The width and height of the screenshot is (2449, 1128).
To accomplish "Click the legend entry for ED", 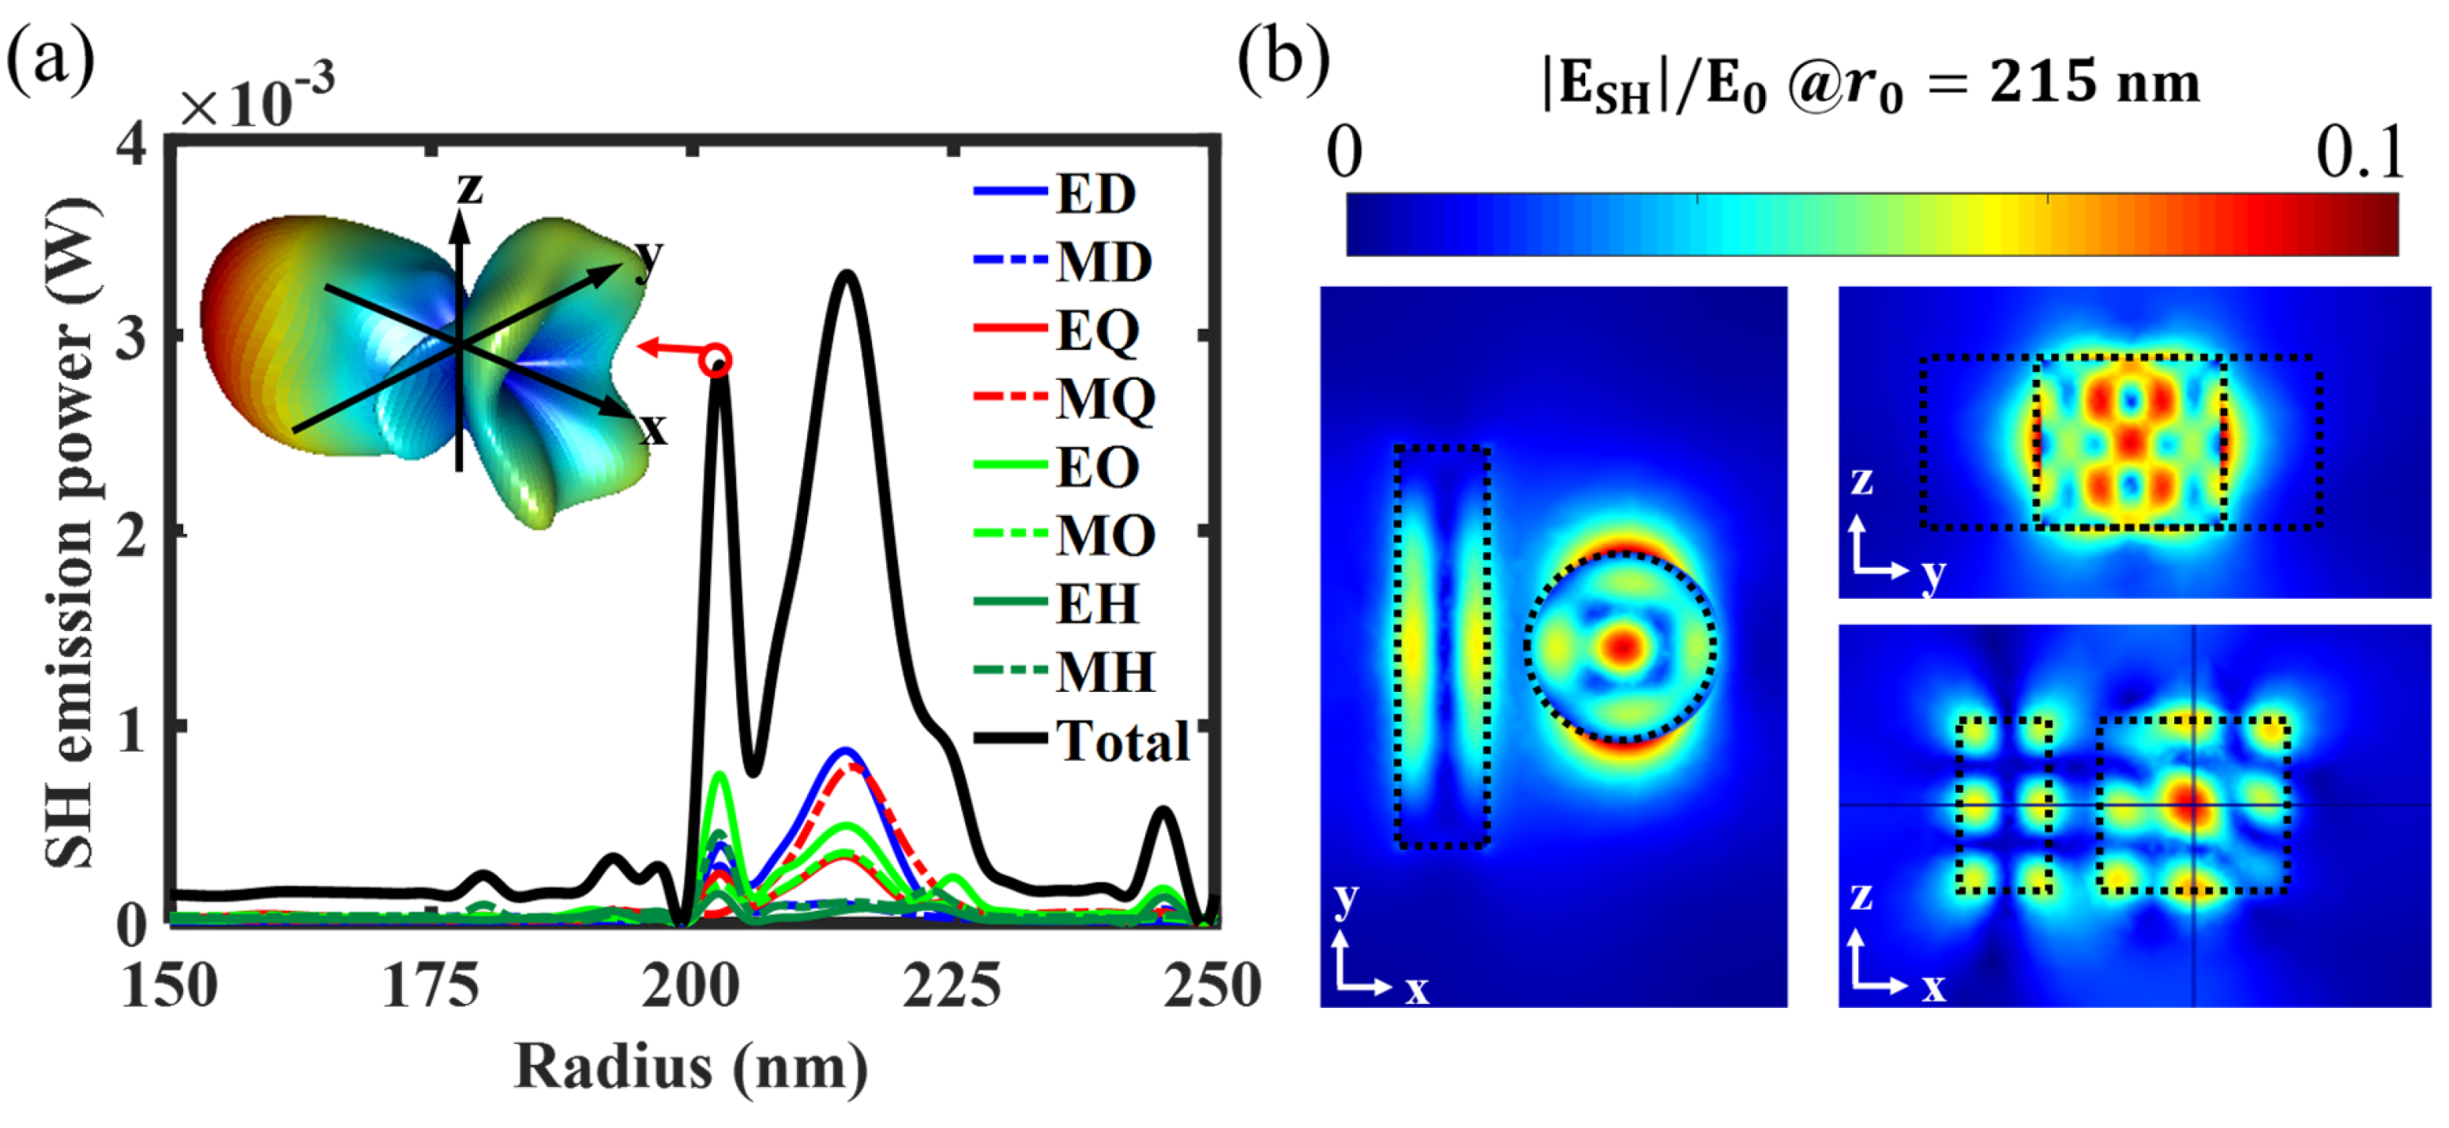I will (1095, 194).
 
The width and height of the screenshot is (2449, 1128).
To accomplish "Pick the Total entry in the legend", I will (1121, 741).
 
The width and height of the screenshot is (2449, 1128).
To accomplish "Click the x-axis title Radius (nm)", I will (691, 1066).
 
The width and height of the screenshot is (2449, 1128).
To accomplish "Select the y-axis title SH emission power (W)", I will (70, 532).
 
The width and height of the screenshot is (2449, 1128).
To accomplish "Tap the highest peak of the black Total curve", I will (846, 276).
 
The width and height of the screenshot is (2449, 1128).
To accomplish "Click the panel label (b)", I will (1283, 59).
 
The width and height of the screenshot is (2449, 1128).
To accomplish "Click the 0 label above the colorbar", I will (1343, 152).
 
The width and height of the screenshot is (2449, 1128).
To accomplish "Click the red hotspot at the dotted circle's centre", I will (1623, 647).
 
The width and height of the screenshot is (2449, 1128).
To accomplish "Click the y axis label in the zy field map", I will (1933, 575).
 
